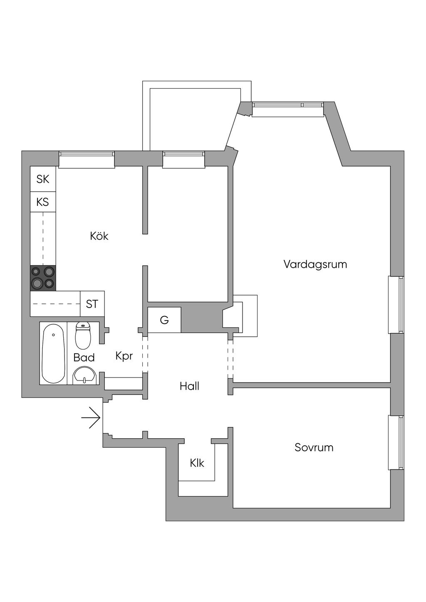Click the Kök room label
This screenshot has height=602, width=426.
99,236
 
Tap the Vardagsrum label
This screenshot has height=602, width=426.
315,264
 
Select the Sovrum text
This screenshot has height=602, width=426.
314,447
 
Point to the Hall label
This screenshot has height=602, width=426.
189,386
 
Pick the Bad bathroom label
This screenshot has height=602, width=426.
84,358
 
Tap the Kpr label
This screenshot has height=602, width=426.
124,356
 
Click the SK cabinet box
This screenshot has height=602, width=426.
43,179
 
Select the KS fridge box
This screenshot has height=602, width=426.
43,202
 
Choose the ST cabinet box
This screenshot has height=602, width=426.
92,303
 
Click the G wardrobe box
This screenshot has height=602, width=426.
164,320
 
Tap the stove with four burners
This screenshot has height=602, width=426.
43,278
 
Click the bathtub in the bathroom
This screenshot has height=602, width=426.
53,353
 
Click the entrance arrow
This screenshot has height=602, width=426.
91,418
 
